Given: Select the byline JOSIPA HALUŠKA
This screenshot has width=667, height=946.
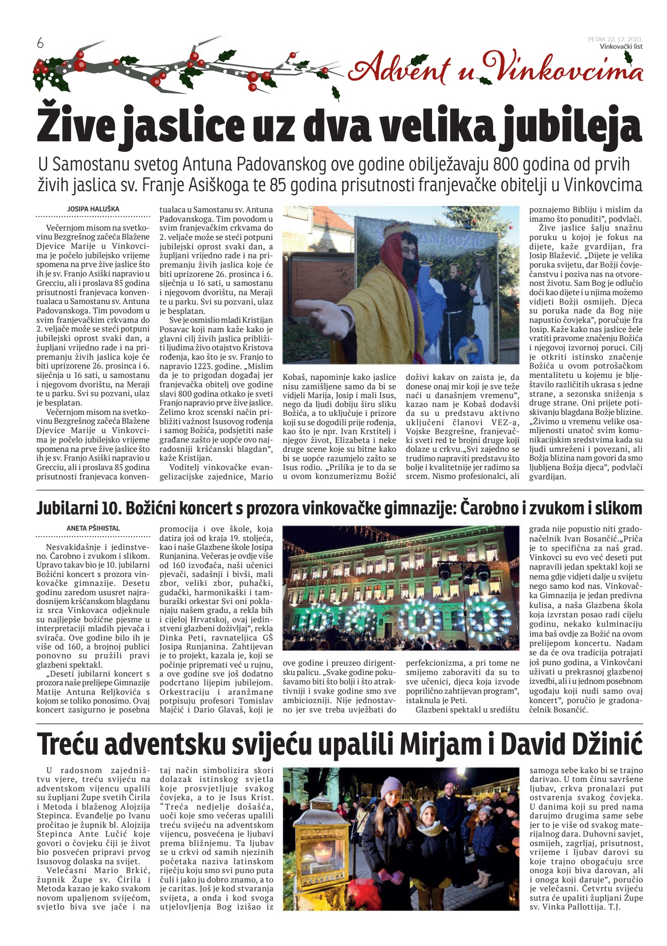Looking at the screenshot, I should point(93,209).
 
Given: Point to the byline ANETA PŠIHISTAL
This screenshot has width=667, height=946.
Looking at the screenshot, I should point(93,528).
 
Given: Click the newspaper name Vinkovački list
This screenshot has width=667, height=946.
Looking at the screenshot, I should point(621,47).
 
